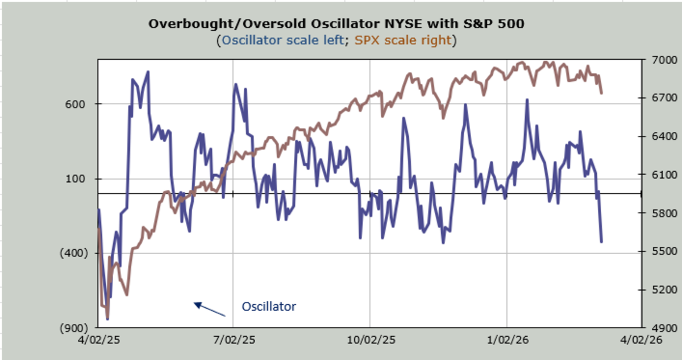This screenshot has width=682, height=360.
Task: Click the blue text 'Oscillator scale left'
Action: [x=286, y=40]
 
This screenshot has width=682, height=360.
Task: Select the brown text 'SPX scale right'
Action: [x=403, y=40]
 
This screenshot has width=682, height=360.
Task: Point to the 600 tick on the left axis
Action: [x=77, y=104]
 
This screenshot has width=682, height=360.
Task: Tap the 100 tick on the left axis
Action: [x=77, y=179]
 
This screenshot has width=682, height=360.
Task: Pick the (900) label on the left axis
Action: [x=74, y=328]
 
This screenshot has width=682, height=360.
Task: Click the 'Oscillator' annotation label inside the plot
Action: [x=269, y=307]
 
